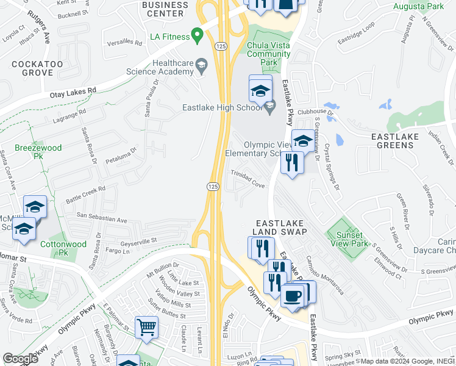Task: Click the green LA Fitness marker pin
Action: click(x=197, y=35)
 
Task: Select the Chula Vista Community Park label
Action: click(x=269, y=54)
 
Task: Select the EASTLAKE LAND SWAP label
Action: click(x=281, y=228)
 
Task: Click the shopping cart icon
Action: click(x=147, y=327)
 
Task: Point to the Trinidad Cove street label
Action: click(x=247, y=179)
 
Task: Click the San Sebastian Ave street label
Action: click(x=102, y=218)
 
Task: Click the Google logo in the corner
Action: click(x=21, y=359)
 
